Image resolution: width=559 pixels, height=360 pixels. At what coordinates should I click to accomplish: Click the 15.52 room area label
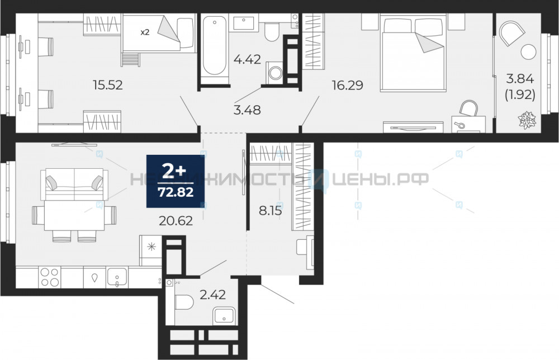pos(108,85)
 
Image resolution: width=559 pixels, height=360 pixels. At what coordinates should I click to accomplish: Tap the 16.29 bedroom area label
pos(347,85)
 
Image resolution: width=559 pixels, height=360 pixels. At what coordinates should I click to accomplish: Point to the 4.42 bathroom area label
pos(247,59)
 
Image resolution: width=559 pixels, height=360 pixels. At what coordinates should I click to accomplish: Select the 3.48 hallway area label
pos(247,110)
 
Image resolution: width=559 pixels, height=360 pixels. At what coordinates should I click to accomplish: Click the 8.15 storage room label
pos(270,211)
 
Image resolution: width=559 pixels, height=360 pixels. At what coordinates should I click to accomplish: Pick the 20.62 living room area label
pos(176,221)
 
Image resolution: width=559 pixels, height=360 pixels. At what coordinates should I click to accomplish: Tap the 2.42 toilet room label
pos(212,295)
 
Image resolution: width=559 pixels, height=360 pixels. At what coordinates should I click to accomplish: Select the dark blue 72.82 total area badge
pos(176,181)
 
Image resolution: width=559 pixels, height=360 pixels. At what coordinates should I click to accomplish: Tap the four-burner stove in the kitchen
pos(50,277)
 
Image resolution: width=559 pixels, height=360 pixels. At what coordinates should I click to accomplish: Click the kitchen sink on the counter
pos(117,277)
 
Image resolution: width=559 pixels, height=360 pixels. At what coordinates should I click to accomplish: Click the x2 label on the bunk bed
pos(144,32)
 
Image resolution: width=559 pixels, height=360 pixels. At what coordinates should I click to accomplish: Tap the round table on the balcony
pos(528,52)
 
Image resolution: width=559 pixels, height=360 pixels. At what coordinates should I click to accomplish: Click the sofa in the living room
pos(74,184)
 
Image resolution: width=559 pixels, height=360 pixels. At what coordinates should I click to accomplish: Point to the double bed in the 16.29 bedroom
pos(413,53)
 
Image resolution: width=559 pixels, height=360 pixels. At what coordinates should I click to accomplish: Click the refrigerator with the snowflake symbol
pos(151,250)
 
